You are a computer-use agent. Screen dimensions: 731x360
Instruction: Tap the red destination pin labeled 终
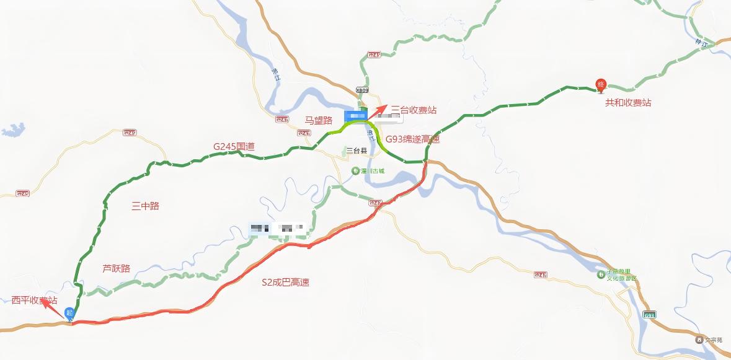pyautogui.click(x=600, y=84)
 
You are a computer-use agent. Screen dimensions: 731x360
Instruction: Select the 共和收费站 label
pyautogui.click(x=628, y=103)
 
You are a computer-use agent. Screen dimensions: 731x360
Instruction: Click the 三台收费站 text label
pyautogui.click(x=414, y=110)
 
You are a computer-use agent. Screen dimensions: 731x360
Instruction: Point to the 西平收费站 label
pyautogui.click(x=34, y=301)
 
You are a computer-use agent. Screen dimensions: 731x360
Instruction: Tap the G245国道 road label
pyautogui.click(x=234, y=146)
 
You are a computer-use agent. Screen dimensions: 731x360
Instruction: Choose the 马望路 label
pyautogui.click(x=319, y=120)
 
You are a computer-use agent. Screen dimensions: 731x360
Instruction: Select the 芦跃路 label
pyautogui.click(x=116, y=268)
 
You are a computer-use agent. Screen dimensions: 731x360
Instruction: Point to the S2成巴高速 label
pyautogui.click(x=285, y=283)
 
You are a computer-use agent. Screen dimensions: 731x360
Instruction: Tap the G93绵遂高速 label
pyautogui.click(x=412, y=139)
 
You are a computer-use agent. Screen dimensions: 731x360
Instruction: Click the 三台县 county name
pyautogui.click(x=357, y=151)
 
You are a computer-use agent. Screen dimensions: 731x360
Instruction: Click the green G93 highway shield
pyautogui.click(x=649, y=315)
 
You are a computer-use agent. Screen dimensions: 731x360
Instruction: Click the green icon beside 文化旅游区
pyautogui.click(x=600, y=274)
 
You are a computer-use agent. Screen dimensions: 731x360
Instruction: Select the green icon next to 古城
pyautogui.click(x=355, y=170)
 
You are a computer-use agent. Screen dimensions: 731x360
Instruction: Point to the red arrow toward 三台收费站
pyautogui.click(x=376, y=110)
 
